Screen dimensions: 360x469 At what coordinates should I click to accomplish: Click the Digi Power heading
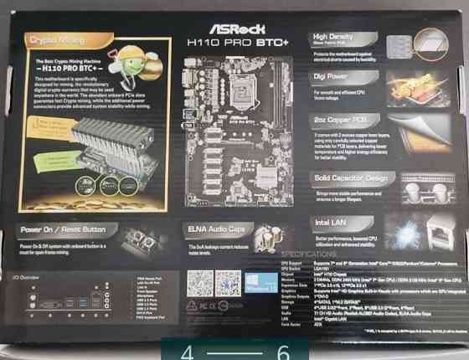click(332, 75)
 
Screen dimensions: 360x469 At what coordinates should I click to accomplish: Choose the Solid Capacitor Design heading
click(351, 177)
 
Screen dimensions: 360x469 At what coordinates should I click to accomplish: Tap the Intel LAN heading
click(331, 222)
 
